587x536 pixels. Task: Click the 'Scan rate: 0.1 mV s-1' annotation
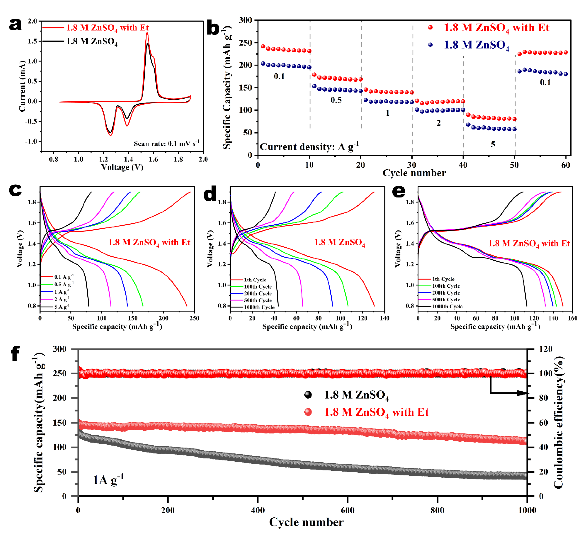click(166, 143)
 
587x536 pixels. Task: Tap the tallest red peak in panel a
click(147, 33)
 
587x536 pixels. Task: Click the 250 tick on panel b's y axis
click(245, 43)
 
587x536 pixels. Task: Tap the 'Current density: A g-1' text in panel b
click(309, 147)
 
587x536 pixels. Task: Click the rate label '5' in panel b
click(493, 144)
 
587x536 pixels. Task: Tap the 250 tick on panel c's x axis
click(194, 318)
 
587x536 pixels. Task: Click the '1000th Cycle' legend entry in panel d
click(259, 307)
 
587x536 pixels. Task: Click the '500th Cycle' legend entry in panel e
click(446, 300)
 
